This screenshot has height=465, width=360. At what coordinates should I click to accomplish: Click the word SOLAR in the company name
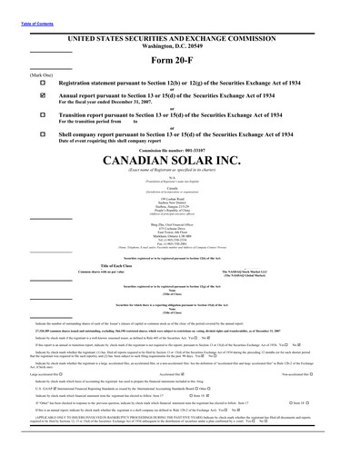pyautogui.click(x=195, y=161)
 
